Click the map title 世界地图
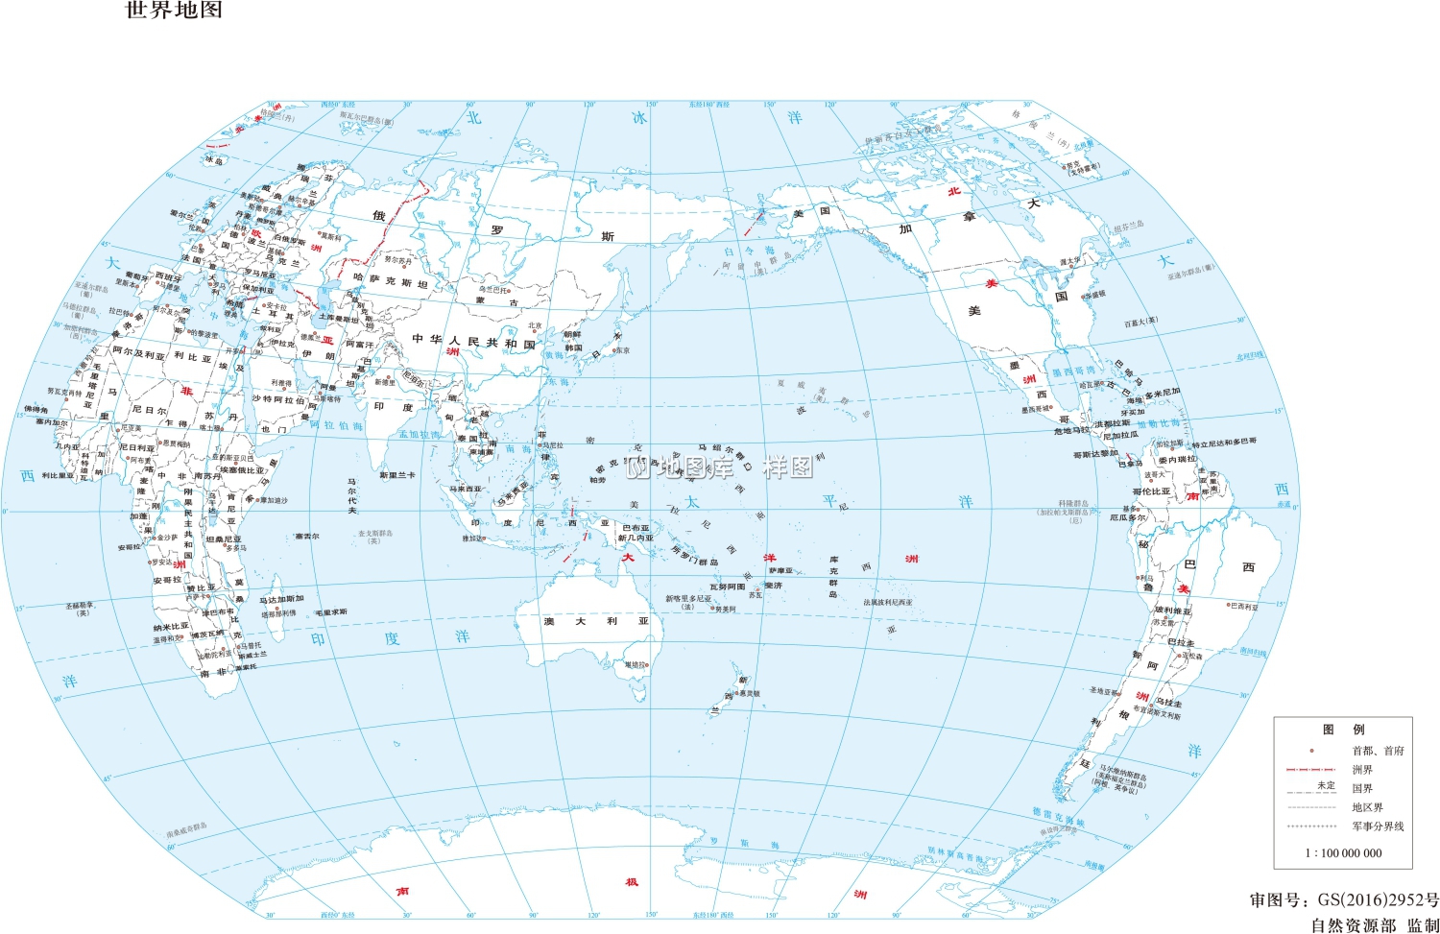click(174, 11)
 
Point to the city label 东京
click(622, 351)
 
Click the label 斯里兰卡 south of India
click(396, 475)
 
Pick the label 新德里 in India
click(384, 382)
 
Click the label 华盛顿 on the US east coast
click(1093, 295)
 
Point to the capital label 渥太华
click(1070, 260)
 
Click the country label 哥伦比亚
click(1152, 491)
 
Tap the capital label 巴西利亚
click(1244, 607)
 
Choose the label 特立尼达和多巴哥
click(1223, 443)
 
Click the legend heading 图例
click(1343, 730)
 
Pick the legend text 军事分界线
click(1378, 826)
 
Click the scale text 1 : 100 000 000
click(1343, 852)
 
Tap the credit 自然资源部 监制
click(1375, 925)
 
